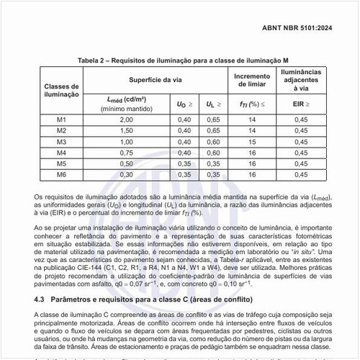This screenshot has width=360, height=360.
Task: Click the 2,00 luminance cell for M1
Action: pyautogui.click(x=127, y=119)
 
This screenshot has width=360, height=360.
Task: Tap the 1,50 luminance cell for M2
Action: pyautogui.click(x=127, y=130)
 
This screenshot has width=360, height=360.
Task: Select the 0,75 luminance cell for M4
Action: pyautogui.click(x=127, y=153)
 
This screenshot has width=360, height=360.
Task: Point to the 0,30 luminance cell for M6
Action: pyautogui.click(x=127, y=175)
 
